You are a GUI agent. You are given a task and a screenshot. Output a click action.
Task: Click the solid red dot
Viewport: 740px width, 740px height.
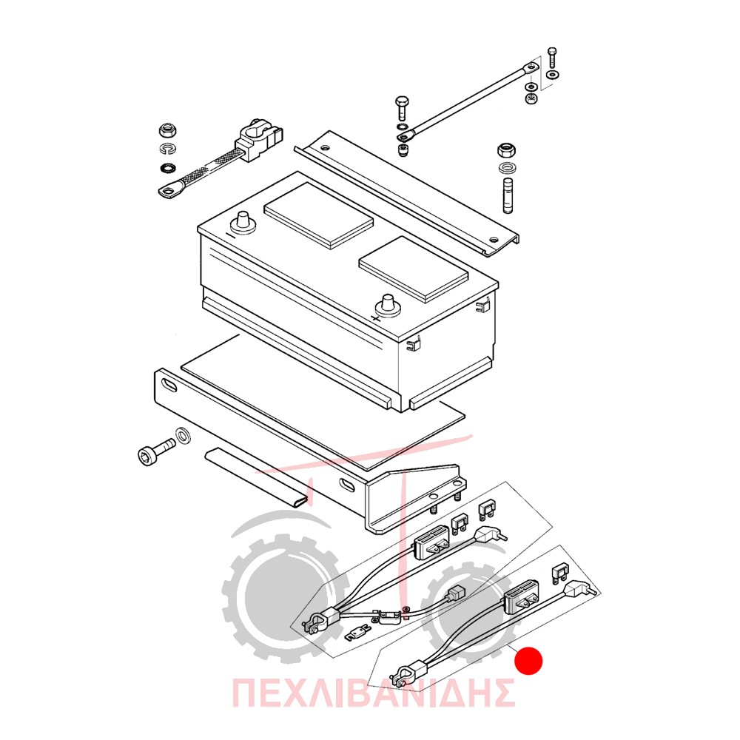click(x=528, y=661)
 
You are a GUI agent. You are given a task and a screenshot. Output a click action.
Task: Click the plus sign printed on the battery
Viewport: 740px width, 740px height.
click(x=376, y=317)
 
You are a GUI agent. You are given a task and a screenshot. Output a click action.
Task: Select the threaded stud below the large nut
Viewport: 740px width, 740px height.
click(x=508, y=196)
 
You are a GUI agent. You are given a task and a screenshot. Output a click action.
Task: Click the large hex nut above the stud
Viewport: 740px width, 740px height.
click(x=506, y=151)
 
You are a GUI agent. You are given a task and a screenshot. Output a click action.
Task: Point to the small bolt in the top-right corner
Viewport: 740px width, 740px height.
click(x=552, y=57)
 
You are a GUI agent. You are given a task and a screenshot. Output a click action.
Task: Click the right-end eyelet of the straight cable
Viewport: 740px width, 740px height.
click(x=531, y=68)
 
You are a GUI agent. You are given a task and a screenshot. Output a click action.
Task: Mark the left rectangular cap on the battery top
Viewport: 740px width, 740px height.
click(x=318, y=215)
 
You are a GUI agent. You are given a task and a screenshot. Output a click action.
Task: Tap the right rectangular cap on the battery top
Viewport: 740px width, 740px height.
click(x=414, y=269)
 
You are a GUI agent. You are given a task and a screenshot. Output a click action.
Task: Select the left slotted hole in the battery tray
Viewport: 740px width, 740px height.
click(x=169, y=385)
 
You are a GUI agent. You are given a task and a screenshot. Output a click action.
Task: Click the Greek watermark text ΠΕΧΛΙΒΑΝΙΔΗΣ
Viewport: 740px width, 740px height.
click(x=373, y=693)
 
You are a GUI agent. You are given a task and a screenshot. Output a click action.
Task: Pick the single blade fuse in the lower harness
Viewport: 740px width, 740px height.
click(x=560, y=572)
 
